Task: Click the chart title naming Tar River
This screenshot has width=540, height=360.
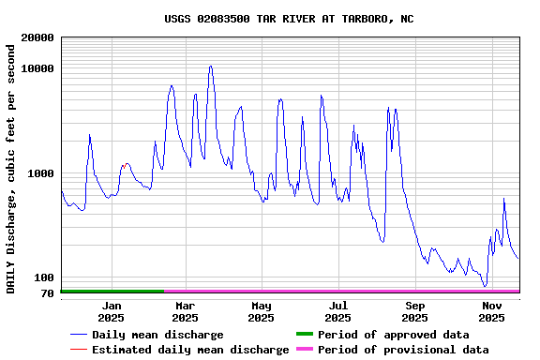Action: pos(289,19)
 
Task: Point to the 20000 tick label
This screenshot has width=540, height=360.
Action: pos(37,38)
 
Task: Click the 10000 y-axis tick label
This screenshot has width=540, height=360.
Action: pos(37,69)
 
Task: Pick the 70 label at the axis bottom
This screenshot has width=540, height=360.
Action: pos(46,293)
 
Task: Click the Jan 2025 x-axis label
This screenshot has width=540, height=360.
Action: pos(112,311)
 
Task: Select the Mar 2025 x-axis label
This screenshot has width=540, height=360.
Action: pos(186,311)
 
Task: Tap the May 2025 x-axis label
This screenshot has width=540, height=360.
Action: pos(262,311)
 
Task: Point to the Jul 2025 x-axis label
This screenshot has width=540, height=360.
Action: pos(338,311)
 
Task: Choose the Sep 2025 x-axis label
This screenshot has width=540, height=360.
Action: pos(415,311)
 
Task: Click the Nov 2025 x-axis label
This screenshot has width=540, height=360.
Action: pos(492,311)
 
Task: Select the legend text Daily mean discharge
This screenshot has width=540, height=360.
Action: pos(157,335)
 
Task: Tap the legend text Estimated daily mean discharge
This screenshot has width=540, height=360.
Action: pos(190,350)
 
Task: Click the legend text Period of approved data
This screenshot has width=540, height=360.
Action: pos(394,335)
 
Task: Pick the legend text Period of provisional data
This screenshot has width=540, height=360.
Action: pos(403,350)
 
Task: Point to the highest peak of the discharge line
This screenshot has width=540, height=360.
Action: pos(211,66)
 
